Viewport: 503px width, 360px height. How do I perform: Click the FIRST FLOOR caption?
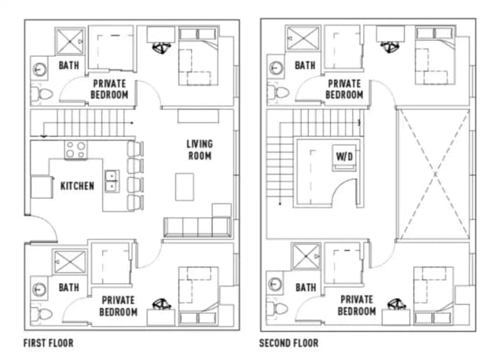point(49,343)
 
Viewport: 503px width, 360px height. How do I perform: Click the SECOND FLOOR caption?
point(289,343)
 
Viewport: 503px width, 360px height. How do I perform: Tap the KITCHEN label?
point(77,186)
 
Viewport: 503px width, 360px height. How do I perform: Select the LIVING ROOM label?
point(200,149)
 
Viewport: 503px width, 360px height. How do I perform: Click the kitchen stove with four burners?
point(75,149)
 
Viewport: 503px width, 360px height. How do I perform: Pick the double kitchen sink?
point(112,182)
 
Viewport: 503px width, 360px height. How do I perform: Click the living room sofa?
point(196,227)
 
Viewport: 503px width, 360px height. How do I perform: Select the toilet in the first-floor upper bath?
point(43,95)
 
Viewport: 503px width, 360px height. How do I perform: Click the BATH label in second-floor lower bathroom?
point(305,288)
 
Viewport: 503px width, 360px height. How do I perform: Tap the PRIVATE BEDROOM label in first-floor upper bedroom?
point(110,89)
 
